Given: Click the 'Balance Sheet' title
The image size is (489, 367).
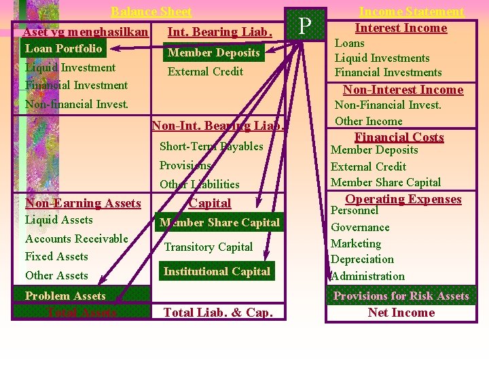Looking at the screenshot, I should coord(151,12).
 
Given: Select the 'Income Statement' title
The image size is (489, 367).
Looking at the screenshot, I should coord(411,12).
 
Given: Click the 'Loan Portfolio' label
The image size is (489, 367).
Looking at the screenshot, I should coord(63,48).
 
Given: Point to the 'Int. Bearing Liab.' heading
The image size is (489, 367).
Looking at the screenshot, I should coord(219,31).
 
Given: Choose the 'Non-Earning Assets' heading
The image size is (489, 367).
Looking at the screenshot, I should coord(83,203).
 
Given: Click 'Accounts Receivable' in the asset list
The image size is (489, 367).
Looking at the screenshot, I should coord(76,239).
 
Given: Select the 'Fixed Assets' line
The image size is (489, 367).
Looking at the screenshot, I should coord(56,256).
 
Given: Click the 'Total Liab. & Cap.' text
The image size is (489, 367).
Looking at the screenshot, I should coord(218,313).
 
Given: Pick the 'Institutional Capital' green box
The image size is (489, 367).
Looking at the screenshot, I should coord(217,271).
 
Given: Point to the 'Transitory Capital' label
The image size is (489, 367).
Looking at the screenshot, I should coord(209,247).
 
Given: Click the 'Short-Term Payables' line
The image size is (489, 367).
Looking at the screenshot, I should coord(211,146).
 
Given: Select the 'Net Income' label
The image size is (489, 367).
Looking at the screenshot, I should coord(401,313).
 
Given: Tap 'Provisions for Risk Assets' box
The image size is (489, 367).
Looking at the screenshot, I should coord(401,296).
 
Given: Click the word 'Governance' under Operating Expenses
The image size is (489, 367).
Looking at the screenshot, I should coord(360,227).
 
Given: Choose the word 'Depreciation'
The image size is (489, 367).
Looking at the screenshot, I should coord(362,260).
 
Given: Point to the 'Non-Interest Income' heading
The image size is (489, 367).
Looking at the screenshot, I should coord(403,90).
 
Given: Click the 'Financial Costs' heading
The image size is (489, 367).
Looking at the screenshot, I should coord(399,137).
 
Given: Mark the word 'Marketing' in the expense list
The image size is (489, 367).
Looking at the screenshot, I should coord(357,243).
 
